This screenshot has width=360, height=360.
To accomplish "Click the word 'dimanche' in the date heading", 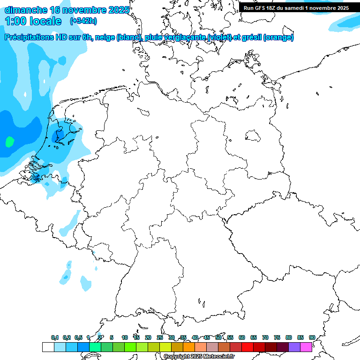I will [x=26, y=10].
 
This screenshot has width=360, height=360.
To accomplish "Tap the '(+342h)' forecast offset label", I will [x=83, y=21].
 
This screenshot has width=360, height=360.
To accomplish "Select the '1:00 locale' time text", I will [x=33, y=21].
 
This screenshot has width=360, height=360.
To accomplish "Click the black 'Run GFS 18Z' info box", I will [x=296, y=7].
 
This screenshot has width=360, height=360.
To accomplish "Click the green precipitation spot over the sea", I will [x=9, y=141].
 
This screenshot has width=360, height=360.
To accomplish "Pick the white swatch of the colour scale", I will [x=48, y=347].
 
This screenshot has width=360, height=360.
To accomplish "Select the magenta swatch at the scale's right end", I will [x=306, y=347].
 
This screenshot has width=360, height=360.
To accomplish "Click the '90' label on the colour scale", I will [x=312, y=337].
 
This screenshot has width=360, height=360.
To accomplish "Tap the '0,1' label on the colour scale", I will [x=55, y=337].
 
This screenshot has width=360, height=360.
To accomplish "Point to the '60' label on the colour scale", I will [x=242, y=337].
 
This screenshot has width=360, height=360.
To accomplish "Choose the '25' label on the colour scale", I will [x=160, y=337].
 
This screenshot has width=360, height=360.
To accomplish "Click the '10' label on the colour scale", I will [x=125, y=337].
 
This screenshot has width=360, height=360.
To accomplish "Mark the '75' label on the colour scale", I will [x=277, y=337].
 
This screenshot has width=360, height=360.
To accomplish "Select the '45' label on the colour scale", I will [x=207, y=337].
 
